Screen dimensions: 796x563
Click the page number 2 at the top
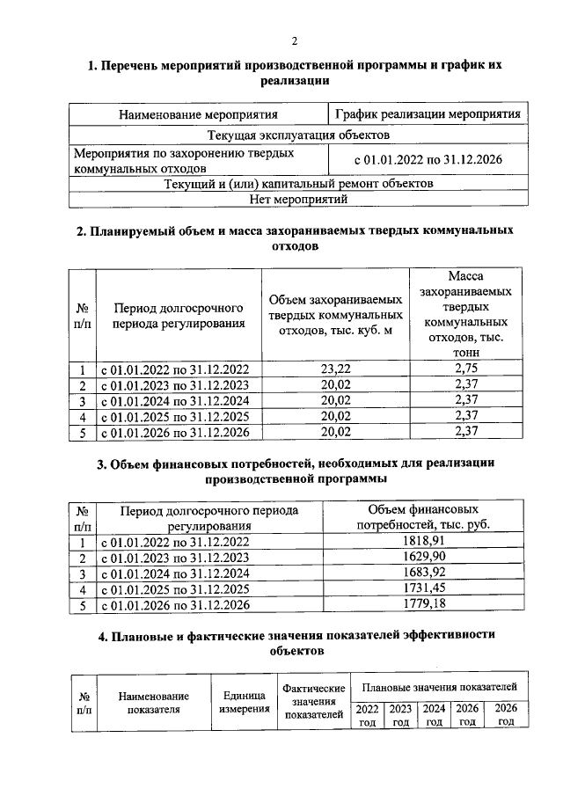[295, 40]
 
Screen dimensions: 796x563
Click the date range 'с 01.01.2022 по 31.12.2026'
[428, 160]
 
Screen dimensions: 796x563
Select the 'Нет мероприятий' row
[298, 199]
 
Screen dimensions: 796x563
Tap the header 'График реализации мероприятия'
[428, 114]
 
